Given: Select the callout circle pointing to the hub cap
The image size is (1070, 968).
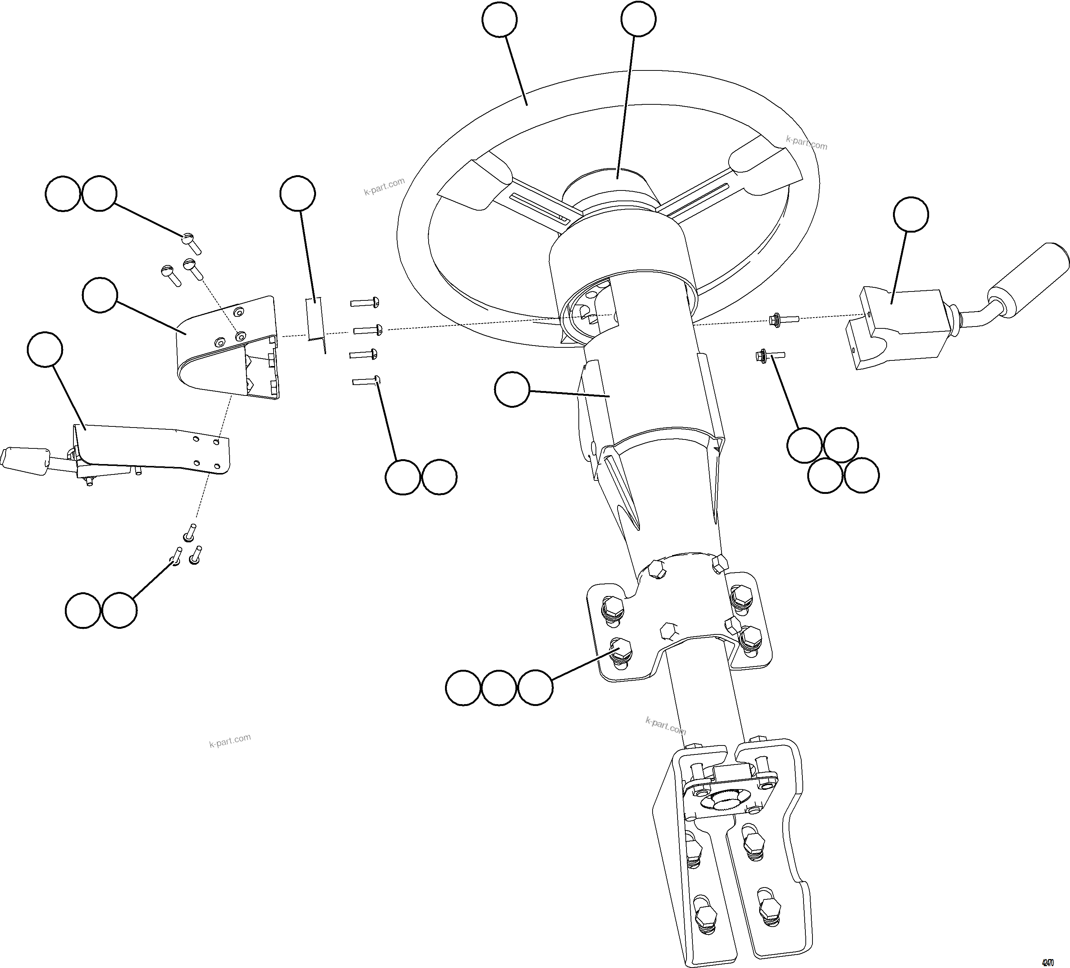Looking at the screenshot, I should click(x=638, y=19).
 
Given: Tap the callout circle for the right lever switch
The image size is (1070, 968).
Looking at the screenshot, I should click(x=911, y=214).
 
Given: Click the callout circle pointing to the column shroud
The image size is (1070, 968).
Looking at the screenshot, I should click(x=512, y=390).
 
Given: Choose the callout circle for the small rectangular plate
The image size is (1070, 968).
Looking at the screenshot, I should click(x=297, y=193).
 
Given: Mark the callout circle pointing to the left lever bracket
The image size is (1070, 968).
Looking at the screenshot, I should click(x=45, y=349).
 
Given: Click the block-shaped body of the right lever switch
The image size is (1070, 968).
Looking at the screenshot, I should click(x=897, y=329).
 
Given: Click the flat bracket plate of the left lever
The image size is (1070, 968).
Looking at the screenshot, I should click(x=154, y=446).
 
